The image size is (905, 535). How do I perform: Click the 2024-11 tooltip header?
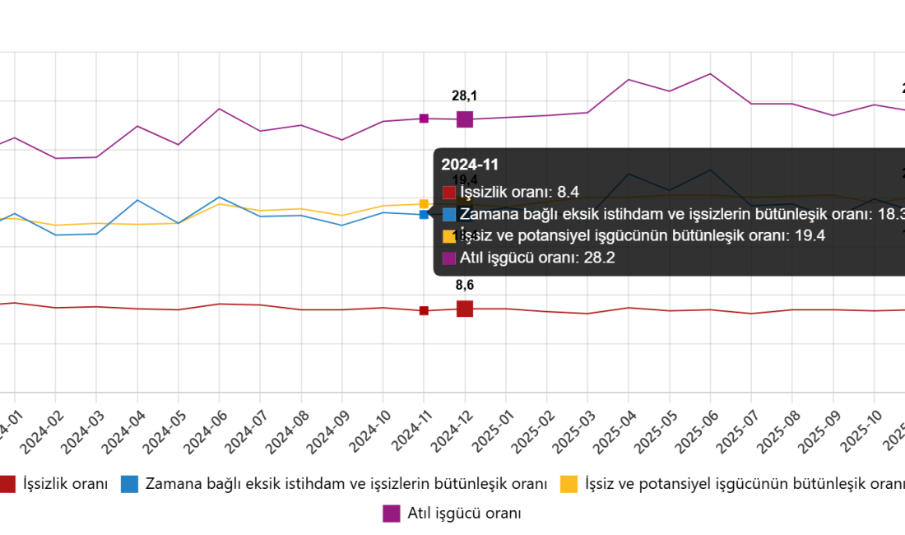pos(470,165)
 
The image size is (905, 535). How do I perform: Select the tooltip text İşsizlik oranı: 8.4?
pos(519,193)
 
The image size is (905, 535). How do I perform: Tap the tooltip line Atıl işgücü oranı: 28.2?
pos(537,258)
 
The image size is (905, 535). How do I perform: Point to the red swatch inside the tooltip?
pos(449,193)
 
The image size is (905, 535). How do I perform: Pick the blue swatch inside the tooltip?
pos(449,215)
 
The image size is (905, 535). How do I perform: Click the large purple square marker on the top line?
pos(465,119)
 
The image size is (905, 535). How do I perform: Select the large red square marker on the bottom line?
pos(465,309)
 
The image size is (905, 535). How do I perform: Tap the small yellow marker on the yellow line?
pos(424,203)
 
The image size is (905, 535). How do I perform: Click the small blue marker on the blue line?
pos(424,215)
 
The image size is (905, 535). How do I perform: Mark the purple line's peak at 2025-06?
pos(710,74)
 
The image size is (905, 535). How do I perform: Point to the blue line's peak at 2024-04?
pos(137,200)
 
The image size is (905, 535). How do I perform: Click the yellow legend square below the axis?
pos(569,484)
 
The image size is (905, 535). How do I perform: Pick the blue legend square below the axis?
pos(129,484)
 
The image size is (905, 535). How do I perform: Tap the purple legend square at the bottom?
pos(391,514)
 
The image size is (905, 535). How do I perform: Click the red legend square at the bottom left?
pos(7,484)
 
